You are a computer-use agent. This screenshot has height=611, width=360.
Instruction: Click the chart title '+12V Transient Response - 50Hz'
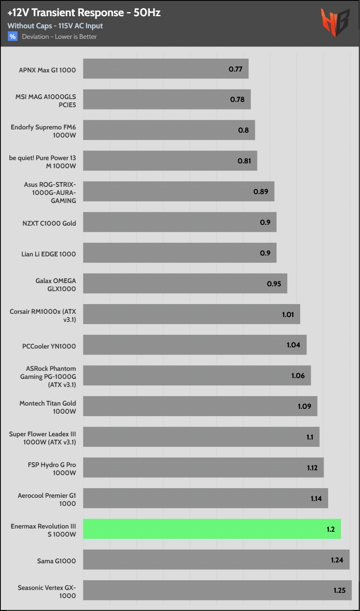tap(84, 13)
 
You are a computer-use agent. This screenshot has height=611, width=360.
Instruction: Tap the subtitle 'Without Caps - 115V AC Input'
tap(55, 26)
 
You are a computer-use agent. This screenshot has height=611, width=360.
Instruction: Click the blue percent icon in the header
tap(13, 37)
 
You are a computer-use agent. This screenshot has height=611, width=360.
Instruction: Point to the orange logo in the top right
tap(335, 23)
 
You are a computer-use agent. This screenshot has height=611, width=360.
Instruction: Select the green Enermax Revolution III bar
tap(212, 529)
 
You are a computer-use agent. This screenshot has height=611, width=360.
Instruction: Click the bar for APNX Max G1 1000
tap(166, 69)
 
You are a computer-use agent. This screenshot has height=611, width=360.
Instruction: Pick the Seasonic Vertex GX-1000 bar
tap(217, 590)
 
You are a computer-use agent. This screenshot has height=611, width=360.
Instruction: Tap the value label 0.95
tap(274, 284)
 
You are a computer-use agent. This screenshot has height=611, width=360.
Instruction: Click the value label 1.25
tap(339, 590)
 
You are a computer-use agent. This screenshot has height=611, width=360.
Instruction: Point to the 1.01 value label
tap(288, 315)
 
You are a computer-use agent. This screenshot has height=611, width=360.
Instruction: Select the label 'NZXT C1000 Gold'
tap(49, 223)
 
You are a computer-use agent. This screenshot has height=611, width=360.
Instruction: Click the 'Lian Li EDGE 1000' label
tap(48, 254)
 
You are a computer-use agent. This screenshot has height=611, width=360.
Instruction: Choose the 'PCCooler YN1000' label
tap(49, 346)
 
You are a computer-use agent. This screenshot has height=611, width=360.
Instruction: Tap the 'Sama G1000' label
tap(57, 561)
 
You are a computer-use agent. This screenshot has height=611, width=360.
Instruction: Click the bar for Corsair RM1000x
tap(192, 314)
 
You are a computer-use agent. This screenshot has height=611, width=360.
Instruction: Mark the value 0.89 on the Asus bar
tap(261, 192)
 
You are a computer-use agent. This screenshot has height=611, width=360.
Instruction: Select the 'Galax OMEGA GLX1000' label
tap(56, 285)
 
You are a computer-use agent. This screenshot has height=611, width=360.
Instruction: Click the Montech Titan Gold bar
tap(200, 406)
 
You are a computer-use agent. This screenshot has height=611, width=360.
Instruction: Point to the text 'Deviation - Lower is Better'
tap(59, 37)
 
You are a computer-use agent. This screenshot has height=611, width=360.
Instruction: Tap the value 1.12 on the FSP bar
tap(312, 468)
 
